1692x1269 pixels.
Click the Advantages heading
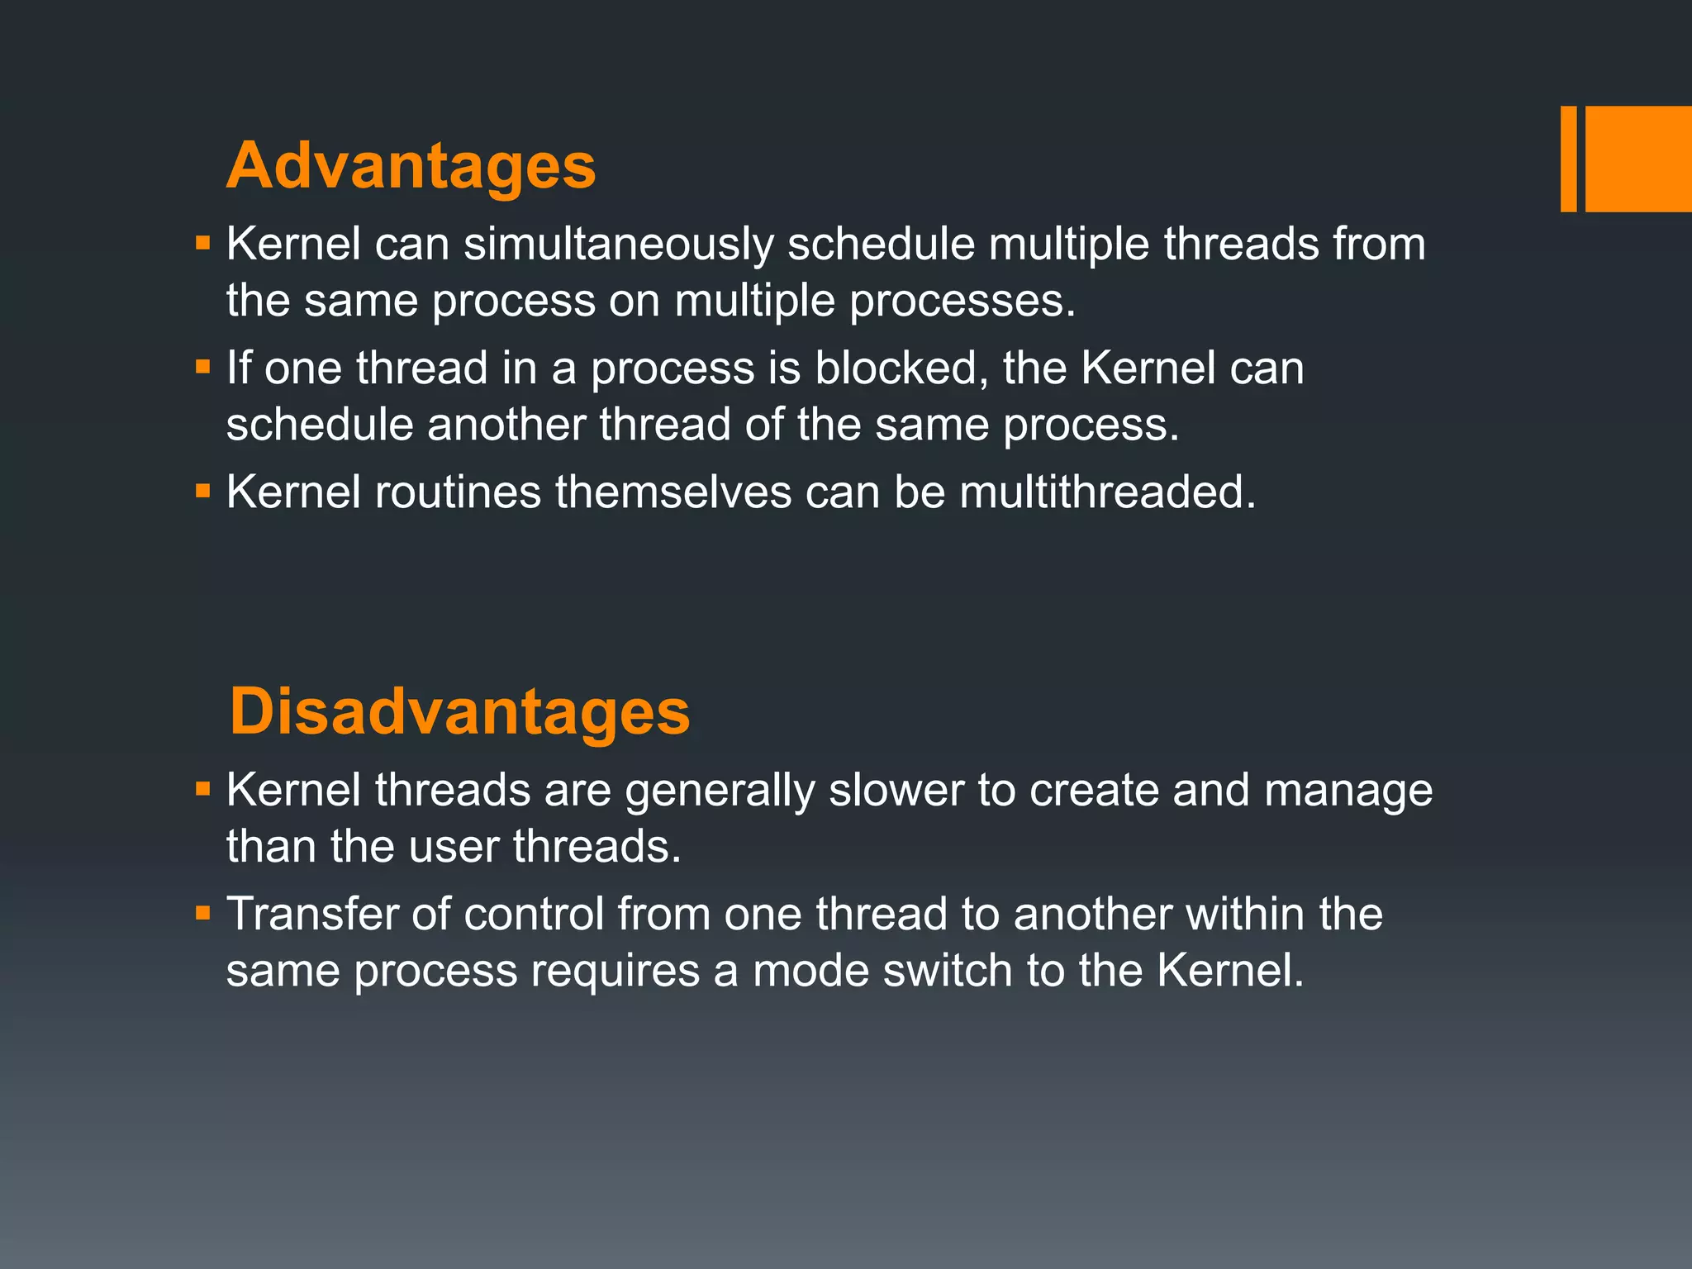coord(411,166)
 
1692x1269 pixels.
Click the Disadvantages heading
coord(459,712)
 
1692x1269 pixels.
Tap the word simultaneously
coord(618,245)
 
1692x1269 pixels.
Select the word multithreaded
coord(1107,492)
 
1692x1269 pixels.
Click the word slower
coord(896,790)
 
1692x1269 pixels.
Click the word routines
coord(458,492)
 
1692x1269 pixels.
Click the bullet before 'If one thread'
coord(203,366)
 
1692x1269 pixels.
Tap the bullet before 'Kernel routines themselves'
coord(203,491)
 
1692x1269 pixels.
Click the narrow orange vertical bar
coord(1568,159)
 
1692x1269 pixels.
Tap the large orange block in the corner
coord(1638,159)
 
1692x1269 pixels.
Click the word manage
coord(1348,791)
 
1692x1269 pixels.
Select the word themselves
coord(673,492)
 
